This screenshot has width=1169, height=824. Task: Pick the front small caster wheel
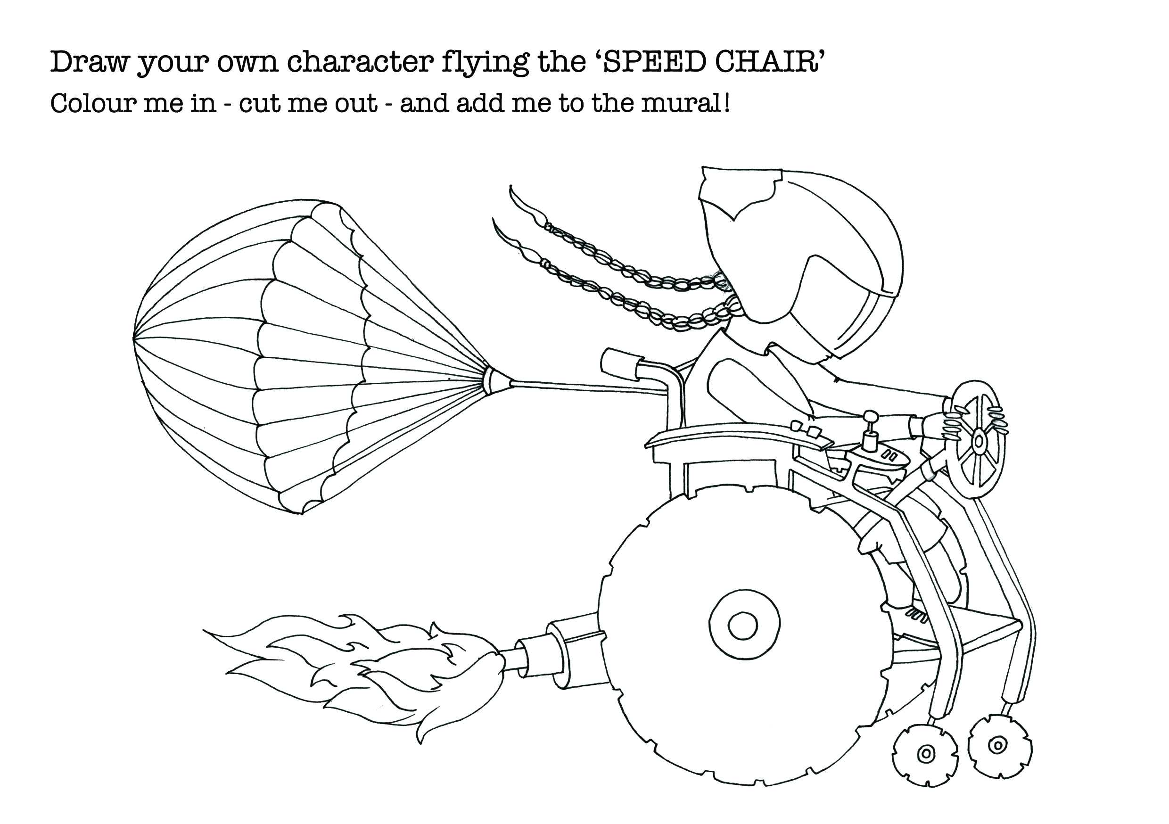click(999, 747)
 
